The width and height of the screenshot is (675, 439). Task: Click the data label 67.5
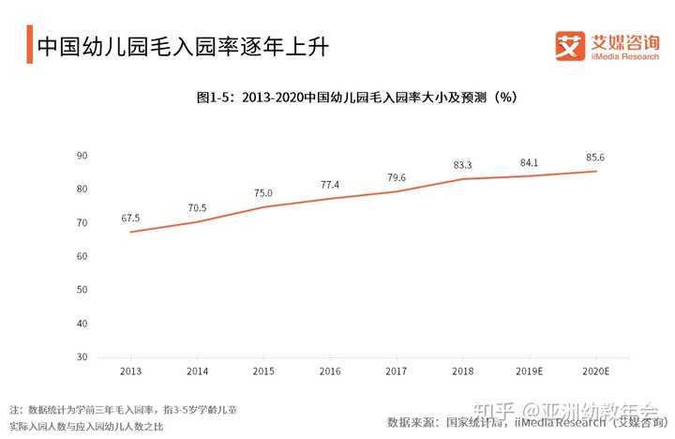click(x=130, y=219)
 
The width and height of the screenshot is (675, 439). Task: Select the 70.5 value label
click(x=197, y=208)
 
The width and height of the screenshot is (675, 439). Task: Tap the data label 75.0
click(x=263, y=193)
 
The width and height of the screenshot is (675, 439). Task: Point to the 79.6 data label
click(x=397, y=177)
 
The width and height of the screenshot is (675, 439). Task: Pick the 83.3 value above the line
click(x=462, y=165)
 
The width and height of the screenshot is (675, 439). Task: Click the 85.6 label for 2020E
click(x=595, y=158)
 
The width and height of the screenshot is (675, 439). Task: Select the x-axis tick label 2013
click(x=130, y=371)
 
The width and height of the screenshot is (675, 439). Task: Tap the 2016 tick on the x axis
click(x=330, y=371)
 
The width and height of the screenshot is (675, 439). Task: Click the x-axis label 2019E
click(x=530, y=371)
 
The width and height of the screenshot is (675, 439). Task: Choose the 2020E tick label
click(x=595, y=371)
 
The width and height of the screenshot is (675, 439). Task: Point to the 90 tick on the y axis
click(x=82, y=156)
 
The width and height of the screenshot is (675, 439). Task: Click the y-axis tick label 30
click(x=82, y=357)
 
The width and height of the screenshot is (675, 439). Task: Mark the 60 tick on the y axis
click(x=82, y=256)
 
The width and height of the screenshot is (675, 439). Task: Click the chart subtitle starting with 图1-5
click(x=357, y=97)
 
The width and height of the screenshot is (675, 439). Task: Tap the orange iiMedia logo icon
click(x=570, y=45)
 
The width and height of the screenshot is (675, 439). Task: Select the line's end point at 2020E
click(x=595, y=171)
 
